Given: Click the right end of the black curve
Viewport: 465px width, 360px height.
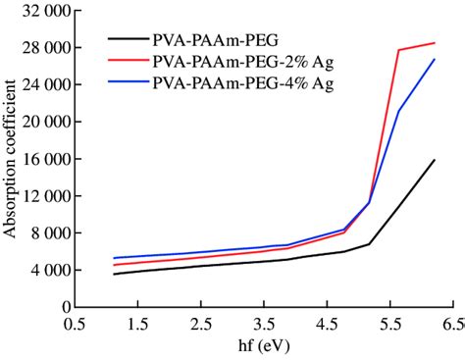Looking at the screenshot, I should pyautogui.click(x=435, y=160).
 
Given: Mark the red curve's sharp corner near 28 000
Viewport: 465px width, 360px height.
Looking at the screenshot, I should pyautogui.click(x=399, y=50).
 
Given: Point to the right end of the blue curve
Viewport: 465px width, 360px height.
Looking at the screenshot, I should pyautogui.click(x=435, y=59).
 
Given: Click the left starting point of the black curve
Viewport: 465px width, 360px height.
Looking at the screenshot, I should pyautogui.click(x=114, y=274).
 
